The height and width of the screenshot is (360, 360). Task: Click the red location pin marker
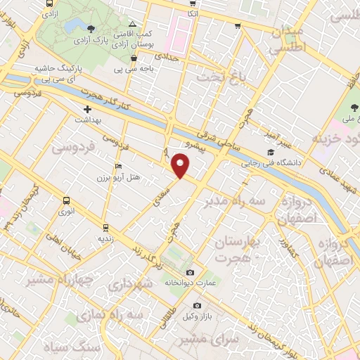pos(181,166)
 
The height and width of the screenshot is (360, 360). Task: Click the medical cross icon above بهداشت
pos(87,110)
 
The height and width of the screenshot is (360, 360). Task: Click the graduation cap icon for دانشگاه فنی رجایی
pos(270,152)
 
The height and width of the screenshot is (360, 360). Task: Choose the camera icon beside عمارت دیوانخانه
pos(189,272)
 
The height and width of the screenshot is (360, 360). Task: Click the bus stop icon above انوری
pos(66,200)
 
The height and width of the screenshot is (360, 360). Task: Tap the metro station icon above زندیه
pos(105,227)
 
